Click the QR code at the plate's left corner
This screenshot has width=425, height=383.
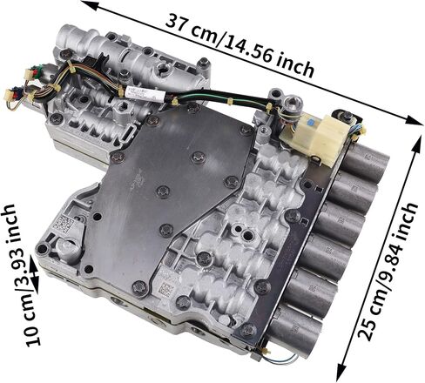[x=63, y=222]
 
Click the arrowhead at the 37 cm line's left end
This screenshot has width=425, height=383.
[x=88, y=7]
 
